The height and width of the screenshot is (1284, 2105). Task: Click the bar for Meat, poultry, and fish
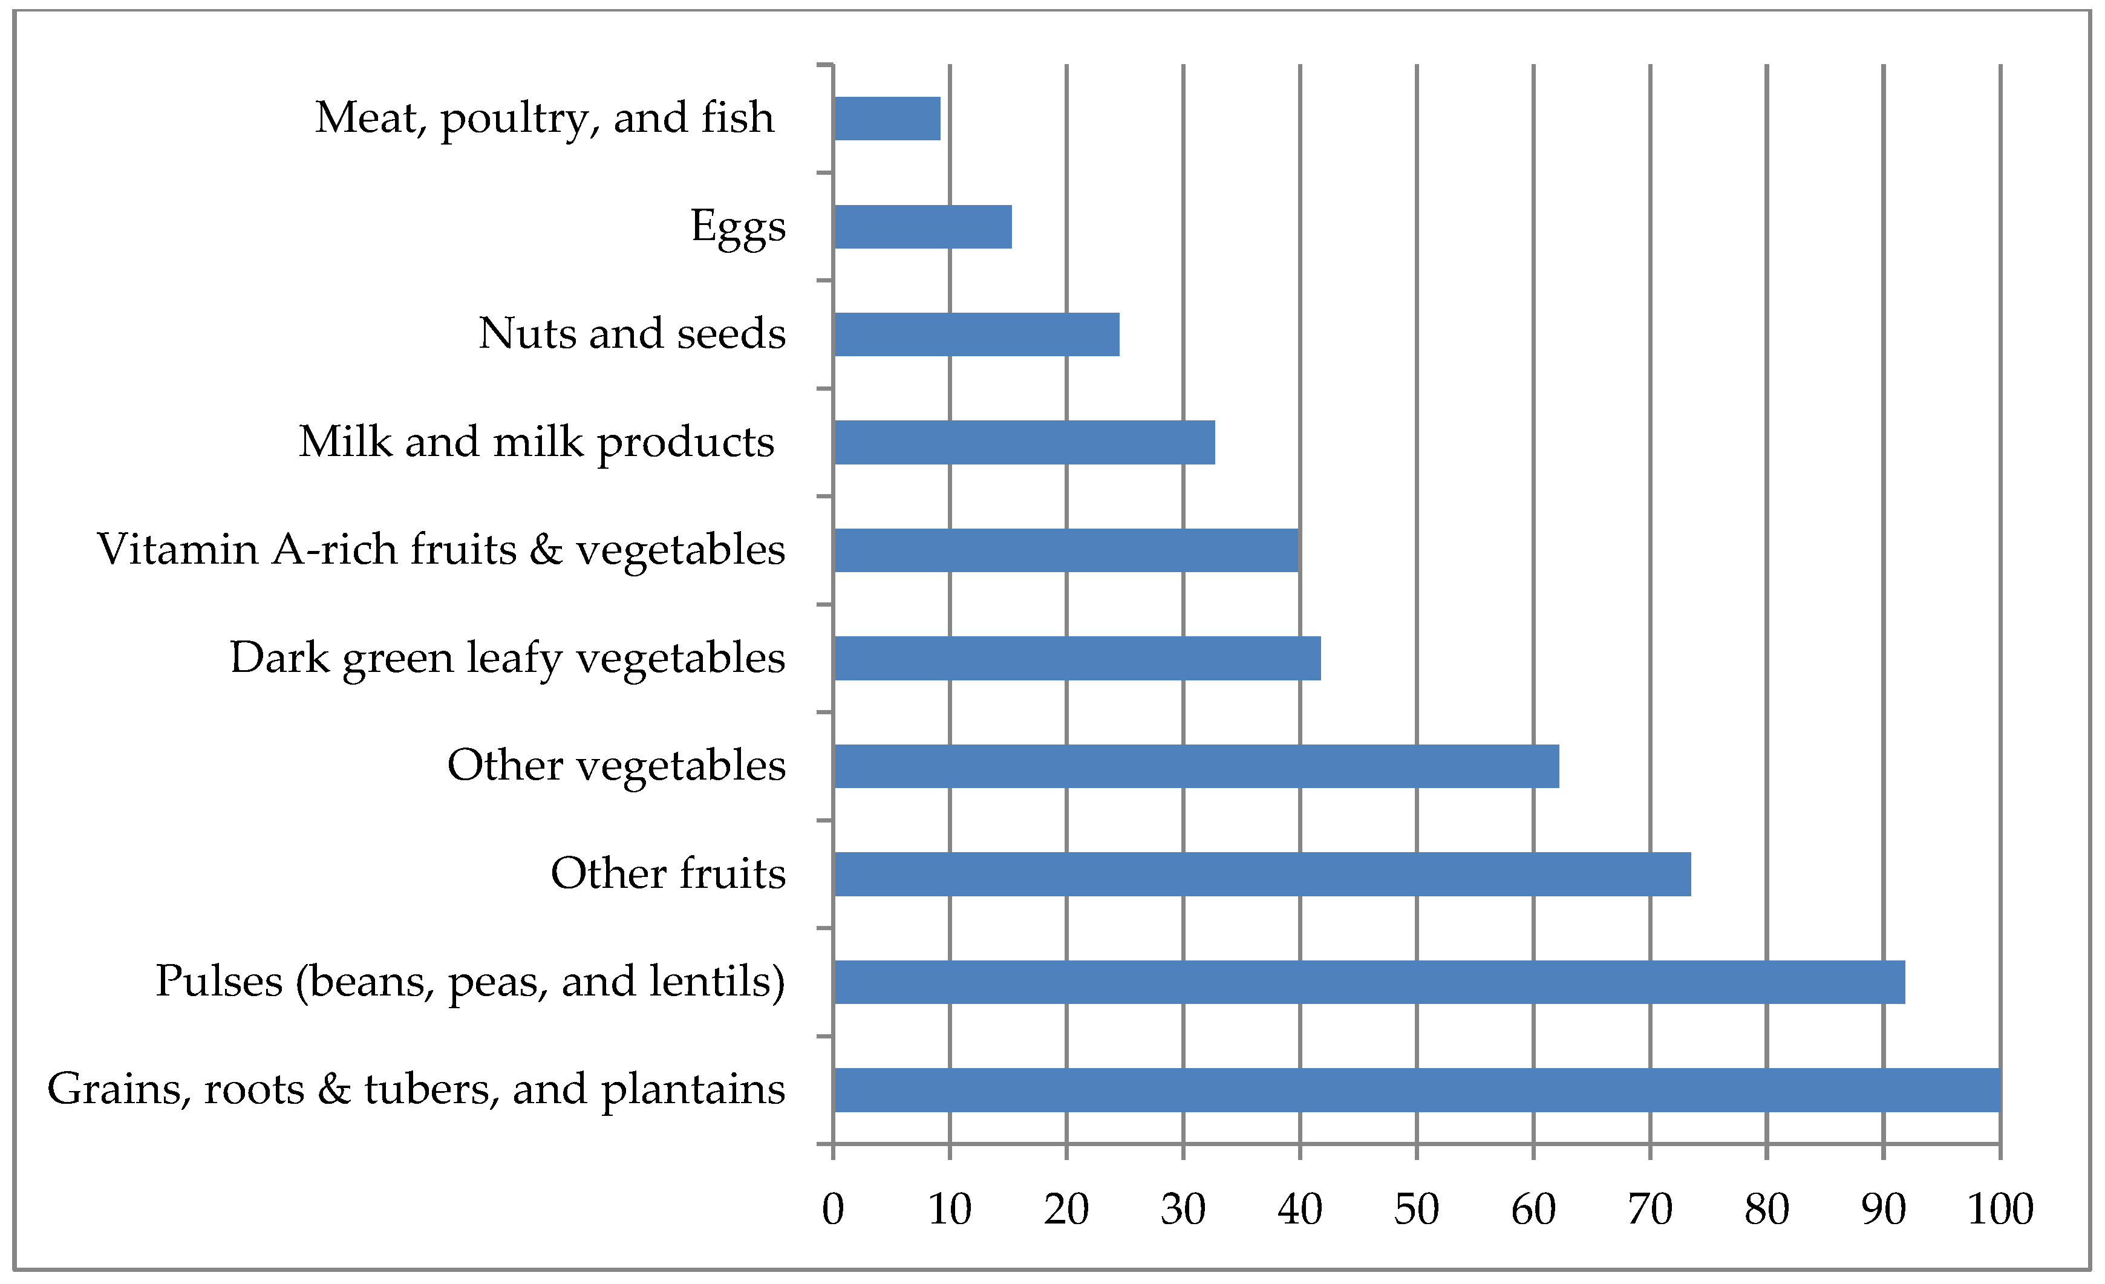(887, 118)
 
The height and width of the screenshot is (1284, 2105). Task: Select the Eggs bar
(922, 226)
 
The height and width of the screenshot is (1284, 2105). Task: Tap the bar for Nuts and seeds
(976, 334)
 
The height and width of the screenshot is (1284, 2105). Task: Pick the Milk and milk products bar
(1024, 443)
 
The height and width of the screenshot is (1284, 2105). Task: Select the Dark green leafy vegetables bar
(1077, 658)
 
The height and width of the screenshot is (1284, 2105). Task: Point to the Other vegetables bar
(1196, 766)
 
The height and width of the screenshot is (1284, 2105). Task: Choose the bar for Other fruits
(1262, 874)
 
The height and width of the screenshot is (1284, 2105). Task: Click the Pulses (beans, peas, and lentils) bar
(1369, 982)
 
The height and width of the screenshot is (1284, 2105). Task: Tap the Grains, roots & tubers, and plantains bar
(1417, 1089)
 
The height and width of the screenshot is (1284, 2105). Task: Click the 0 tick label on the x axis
(833, 1210)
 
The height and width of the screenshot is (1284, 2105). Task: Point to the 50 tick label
(1417, 1210)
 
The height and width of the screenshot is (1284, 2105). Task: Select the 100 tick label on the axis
(2000, 1210)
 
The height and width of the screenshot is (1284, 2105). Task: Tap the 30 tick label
(1183, 1210)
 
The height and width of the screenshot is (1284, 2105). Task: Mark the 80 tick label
(1767, 1210)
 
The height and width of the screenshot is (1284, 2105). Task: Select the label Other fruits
(668, 874)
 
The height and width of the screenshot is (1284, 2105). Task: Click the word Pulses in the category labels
(219, 982)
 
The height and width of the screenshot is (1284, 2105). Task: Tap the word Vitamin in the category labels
(178, 549)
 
